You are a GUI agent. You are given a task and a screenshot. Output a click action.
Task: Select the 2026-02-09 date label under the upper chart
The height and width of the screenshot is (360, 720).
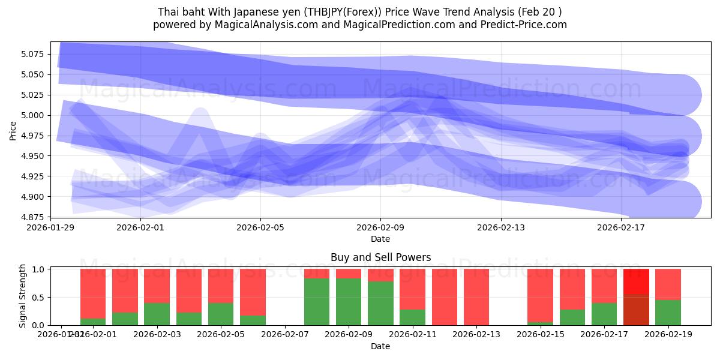pos(380,227)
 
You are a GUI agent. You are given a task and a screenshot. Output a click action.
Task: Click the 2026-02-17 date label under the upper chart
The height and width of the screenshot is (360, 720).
pos(621,227)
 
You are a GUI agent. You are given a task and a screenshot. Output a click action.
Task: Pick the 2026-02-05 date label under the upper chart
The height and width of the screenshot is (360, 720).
pos(260,227)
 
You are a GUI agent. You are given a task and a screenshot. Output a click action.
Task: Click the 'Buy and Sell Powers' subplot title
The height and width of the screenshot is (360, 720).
pos(380,257)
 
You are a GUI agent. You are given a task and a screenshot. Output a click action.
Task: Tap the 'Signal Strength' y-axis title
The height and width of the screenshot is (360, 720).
pos(22,296)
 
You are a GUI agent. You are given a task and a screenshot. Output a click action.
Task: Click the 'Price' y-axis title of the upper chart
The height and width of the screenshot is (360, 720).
pos(13,130)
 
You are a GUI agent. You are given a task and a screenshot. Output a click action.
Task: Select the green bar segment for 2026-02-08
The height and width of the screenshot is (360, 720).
pos(317,302)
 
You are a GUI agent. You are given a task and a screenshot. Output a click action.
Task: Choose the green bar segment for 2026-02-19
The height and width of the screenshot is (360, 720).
pos(668,313)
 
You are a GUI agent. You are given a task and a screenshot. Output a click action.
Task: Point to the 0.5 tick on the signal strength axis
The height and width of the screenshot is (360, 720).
pos(40,298)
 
